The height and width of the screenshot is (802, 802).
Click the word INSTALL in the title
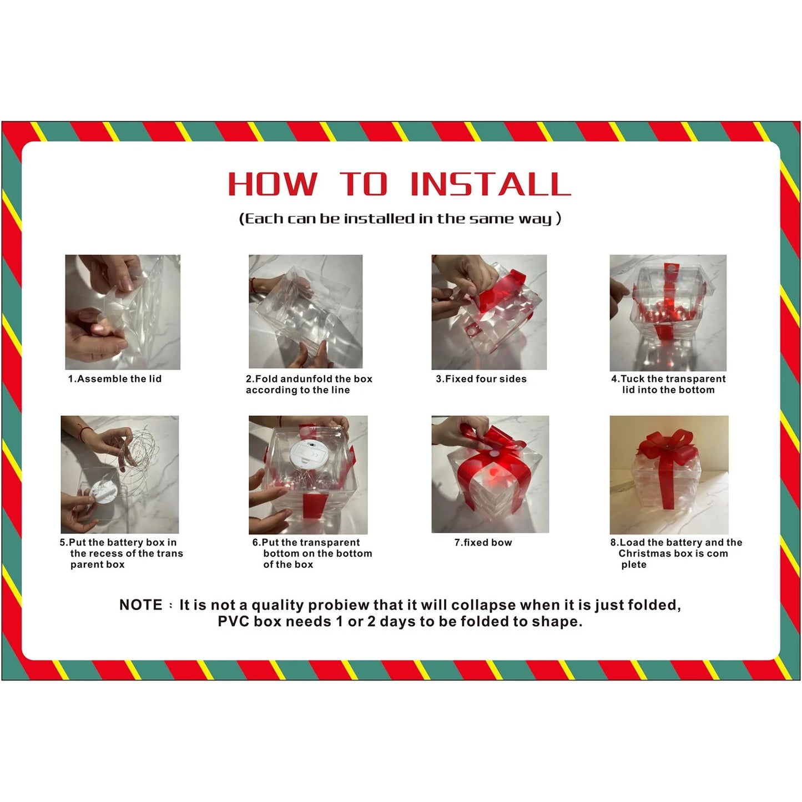[490, 184]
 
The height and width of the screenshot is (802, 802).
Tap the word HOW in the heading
[273, 184]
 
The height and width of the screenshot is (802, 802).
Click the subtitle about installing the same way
[400, 219]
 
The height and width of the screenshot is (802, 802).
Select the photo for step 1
[123, 312]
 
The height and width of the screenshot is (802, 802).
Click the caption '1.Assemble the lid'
[115, 379]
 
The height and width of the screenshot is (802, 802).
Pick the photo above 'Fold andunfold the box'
[305, 311]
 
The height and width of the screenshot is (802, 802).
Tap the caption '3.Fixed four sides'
[481, 379]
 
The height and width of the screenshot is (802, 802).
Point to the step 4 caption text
[668, 385]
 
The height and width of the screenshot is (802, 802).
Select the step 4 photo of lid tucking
[668, 312]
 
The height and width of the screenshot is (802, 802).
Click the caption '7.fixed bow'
[483, 543]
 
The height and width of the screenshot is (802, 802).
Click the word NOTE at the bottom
[141, 605]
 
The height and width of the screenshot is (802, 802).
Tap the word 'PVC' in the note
[234, 622]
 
